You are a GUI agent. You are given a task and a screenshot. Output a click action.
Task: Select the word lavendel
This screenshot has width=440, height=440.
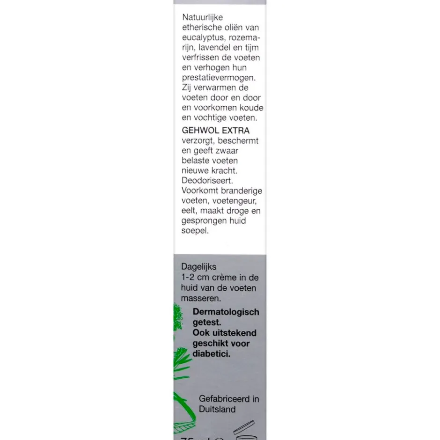pos(215,48)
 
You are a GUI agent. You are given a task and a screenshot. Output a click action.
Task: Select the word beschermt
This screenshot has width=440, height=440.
pos(237,140)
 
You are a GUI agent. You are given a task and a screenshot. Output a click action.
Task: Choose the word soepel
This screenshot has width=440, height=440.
pos(195,231)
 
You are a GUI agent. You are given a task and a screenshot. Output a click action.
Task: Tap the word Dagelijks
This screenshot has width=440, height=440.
pos(199,267)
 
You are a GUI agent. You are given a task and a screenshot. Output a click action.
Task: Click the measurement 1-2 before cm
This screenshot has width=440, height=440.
pos(188,278)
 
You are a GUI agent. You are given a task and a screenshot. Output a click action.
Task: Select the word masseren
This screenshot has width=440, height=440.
pos(201,298)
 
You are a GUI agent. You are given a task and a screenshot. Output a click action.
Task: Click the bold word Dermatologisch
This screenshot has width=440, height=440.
pos(226,312)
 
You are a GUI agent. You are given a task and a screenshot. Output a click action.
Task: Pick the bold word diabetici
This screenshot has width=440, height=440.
pos(212,354)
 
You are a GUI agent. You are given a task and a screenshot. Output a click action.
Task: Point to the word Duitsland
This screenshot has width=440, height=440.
pos(217,409)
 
